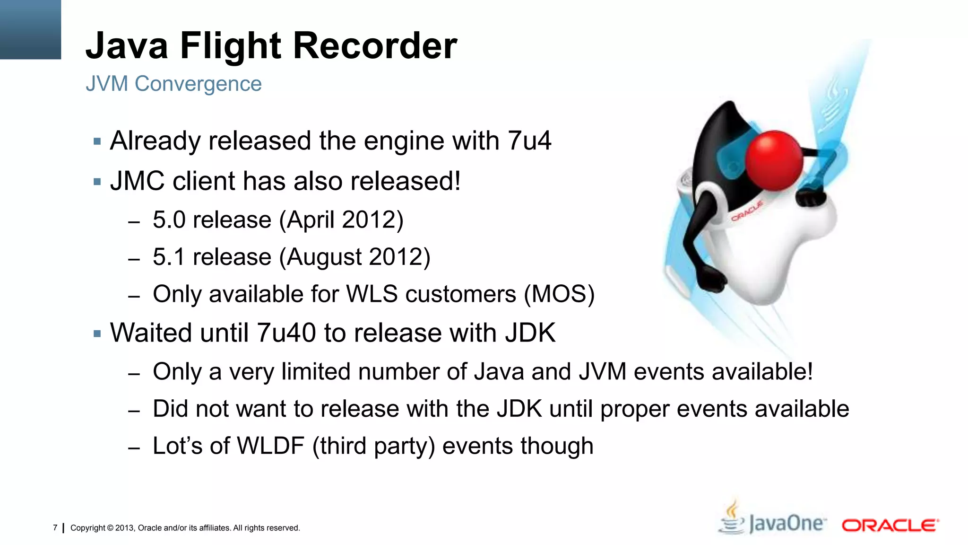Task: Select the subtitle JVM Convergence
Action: pyautogui.click(x=173, y=84)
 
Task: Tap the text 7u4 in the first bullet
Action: pyautogui.click(x=529, y=141)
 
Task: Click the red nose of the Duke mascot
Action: pyautogui.click(x=774, y=160)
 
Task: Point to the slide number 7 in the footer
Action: pyautogui.click(x=55, y=527)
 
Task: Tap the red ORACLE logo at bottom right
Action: pyautogui.click(x=890, y=525)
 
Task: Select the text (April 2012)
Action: pyautogui.click(x=341, y=220)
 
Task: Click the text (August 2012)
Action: pyautogui.click(x=354, y=257)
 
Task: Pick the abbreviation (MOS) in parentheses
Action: pyautogui.click(x=559, y=294)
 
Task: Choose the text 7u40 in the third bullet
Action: pyautogui.click(x=286, y=333)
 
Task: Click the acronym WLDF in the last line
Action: pyautogui.click(x=270, y=446)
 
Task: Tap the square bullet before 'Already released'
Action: pyautogui.click(x=97, y=141)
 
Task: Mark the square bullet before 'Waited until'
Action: pyautogui.click(x=97, y=334)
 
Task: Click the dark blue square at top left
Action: pyautogui.click(x=30, y=29)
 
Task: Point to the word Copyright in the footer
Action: pyautogui.click(x=88, y=528)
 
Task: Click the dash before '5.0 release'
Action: pyautogui.click(x=134, y=221)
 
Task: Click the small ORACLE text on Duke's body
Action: pyautogui.click(x=747, y=211)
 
